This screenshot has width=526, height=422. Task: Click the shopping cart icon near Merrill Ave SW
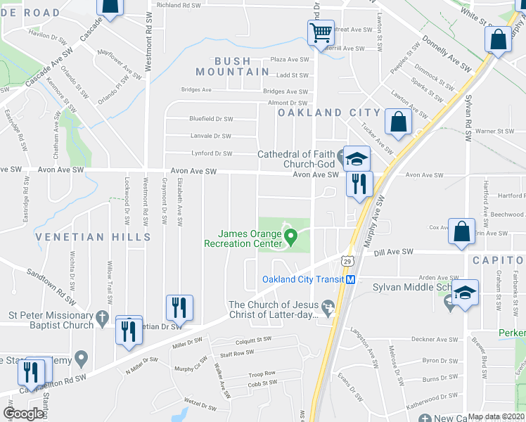click(x=320, y=32)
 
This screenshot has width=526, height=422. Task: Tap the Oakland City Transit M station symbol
click(x=349, y=279)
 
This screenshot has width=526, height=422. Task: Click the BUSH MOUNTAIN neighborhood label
click(x=233, y=67)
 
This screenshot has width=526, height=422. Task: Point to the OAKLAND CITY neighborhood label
click(x=328, y=113)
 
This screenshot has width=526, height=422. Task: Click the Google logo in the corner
click(x=23, y=413)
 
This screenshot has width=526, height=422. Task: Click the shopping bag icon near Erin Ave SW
click(x=461, y=232)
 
